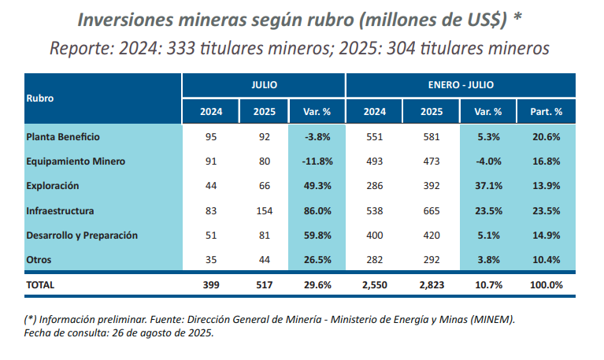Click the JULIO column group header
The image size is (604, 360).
(x=263, y=84)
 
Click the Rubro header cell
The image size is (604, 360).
(x=40, y=98)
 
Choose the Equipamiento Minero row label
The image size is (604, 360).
(x=76, y=161)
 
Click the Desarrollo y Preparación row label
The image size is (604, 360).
(x=82, y=236)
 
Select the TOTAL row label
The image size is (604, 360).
(x=40, y=284)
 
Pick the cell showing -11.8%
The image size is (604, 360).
(x=317, y=161)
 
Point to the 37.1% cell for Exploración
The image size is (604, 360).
(x=489, y=186)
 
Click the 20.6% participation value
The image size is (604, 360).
(x=546, y=136)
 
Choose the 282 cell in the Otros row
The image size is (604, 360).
(x=375, y=260)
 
